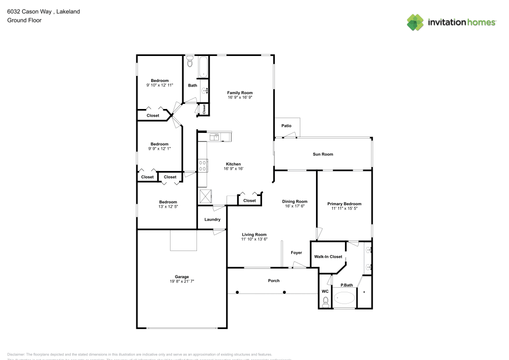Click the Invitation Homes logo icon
(x=415, y=22)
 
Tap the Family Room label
(x=240, y=93)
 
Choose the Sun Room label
(x=323, y=154)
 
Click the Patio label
(x=287, y=125)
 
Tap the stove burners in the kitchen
(x=203, y=165)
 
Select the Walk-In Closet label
(x=328, y=257)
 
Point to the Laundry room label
(x=212, y=219)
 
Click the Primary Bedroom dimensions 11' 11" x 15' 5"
(x=344, y=208)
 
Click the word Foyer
(x=296, y=253)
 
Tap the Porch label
(x=274, y=281)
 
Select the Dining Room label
(x=295, y=201)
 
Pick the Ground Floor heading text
(x=24, y=20)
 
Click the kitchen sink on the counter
(x=215, y=136)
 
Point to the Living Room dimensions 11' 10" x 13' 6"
(x=254, y=239)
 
